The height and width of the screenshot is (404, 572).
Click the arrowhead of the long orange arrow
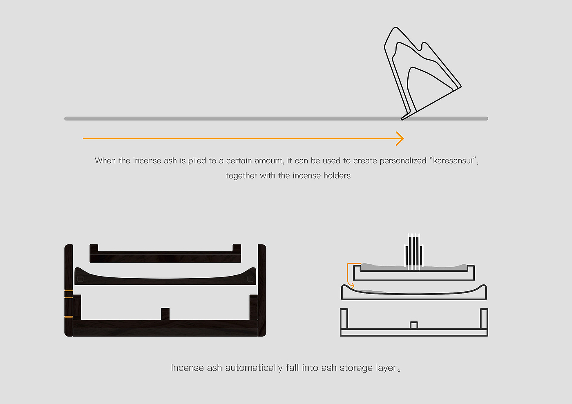tap(400, 138)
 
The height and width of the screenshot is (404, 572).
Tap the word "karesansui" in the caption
tap(453, 161)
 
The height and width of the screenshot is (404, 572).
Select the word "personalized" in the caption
tap(403, 161)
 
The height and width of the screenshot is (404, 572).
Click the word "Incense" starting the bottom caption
tap(188, 368)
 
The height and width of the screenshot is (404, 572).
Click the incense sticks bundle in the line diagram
tap(413, 252)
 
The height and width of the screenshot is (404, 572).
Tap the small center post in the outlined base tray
tap(414, 325)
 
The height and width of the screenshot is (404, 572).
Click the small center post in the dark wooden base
tap(165, 314)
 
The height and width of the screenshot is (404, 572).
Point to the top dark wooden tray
tap(165, 257)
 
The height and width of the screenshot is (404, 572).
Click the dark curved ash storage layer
tap(165, 281)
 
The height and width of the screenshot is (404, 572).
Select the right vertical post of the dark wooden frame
tap(262, 290)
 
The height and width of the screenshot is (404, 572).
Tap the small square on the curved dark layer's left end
tap(80, 279)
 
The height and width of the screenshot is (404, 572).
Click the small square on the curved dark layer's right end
tap(250, 279)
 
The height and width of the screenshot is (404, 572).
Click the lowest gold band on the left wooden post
tap(69, 317)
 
